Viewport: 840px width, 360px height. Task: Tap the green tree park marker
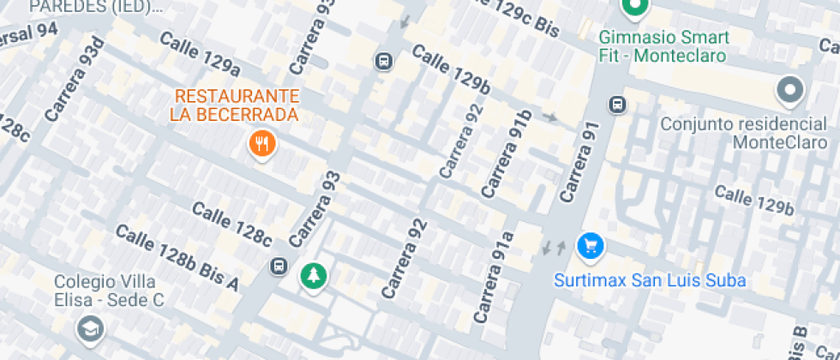tap(314, 275)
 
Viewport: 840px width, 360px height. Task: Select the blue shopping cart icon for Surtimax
tap(590, 247)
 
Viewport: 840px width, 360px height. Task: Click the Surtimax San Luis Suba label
tap(650, 280)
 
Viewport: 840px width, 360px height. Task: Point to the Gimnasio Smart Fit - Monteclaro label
tap(663, 46)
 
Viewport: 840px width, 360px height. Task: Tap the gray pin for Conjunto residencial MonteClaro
tap(789, 89)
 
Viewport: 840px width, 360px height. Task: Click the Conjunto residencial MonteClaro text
tap(746, 132)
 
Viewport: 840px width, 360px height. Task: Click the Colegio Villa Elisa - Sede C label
tap(109, 291)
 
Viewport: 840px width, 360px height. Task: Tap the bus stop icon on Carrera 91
tap(616, 105)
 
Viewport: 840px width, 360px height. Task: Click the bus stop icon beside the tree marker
tap(279, 266)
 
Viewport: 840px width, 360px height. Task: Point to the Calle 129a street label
tap(199, 53)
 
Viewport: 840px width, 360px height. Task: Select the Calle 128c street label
tap(231, 222)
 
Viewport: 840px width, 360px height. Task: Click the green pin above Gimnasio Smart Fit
tap(634, 9)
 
